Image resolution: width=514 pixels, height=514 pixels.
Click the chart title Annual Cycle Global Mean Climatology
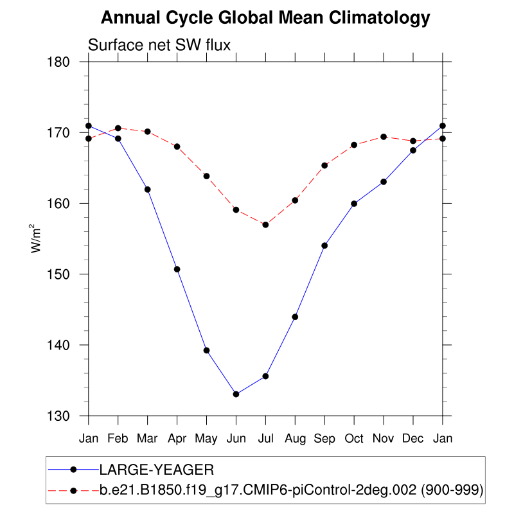[x=265, y=18]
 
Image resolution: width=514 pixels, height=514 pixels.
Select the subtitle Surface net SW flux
[x=159, y=45]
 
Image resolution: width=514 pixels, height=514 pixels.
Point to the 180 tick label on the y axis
[x=64, y=62]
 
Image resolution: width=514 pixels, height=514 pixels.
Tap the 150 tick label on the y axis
[x=64, y=274]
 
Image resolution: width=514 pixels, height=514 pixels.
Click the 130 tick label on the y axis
[x=64, y=416]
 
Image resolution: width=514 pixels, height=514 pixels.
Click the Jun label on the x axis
[x=236, y=438]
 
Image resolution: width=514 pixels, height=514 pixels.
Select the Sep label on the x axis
[x=324, y=438]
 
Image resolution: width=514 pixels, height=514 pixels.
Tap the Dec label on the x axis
[x=413, y=438]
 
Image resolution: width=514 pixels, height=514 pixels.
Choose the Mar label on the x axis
[x=147, y=438]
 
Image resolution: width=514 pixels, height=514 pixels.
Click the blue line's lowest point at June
[x=236, y=394]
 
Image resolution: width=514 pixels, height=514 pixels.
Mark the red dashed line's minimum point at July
[x=265, y=224]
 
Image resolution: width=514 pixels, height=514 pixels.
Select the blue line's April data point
[x=177, y=269]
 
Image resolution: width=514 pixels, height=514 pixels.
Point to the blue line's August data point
[x=295, y=317]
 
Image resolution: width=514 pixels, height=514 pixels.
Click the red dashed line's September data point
[x=324, y=165]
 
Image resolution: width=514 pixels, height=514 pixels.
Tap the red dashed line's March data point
[x=147, y=132]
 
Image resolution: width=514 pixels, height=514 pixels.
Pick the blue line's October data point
[x=354, y=204]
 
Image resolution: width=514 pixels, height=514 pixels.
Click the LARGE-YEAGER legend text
[x=151, y=468]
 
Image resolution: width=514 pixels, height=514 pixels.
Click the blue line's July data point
[x=265, y=376]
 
